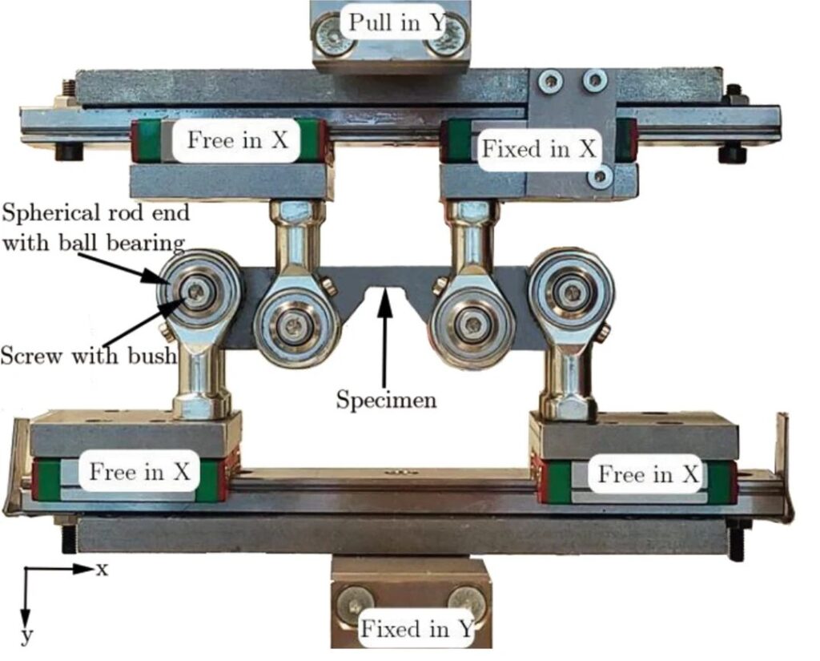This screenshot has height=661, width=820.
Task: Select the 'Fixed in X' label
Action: [537, 148]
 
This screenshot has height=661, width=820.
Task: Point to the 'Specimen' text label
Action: [386, 398]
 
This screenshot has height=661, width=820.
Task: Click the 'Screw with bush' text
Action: [88, 354]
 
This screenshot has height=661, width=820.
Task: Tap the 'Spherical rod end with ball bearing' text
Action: [94, 228]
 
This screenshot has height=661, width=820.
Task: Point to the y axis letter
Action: [27, 637]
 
